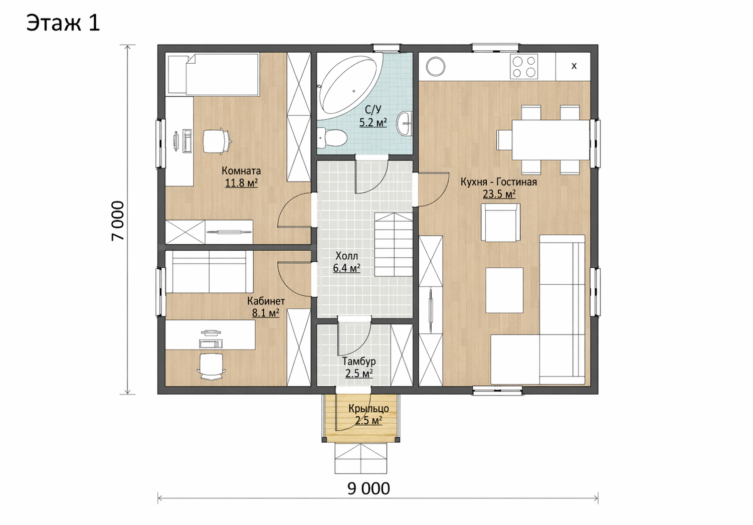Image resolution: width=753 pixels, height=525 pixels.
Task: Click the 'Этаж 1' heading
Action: (63, 23)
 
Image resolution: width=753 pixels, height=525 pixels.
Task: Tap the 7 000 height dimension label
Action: (118, 221)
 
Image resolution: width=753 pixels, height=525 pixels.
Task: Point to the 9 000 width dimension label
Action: (368, 489)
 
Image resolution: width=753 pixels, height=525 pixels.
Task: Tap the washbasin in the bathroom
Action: (405, 124)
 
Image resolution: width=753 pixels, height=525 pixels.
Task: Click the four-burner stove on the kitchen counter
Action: (524, 66)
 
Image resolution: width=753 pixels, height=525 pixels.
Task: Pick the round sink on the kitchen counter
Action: (436, 66)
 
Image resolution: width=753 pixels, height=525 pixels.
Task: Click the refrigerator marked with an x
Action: (573, 66)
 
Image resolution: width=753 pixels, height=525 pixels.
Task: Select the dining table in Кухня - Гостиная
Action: (551, 140)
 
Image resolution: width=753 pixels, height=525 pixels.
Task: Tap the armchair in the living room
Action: (500, 222)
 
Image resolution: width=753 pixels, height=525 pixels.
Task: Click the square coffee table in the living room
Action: (504, 290)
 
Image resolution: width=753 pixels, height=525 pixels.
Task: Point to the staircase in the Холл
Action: (394, 245)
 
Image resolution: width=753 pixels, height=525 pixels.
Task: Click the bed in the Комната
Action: (213, 74)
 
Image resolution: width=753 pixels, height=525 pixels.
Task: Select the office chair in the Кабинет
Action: (211, 367)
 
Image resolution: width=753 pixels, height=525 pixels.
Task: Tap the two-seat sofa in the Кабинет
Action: (209, 272)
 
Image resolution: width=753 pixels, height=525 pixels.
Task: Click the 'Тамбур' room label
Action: (358, 362)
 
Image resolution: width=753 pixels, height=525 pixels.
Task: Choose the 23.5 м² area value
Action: (499, 194)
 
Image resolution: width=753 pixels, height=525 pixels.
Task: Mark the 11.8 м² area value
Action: (241, 183)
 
